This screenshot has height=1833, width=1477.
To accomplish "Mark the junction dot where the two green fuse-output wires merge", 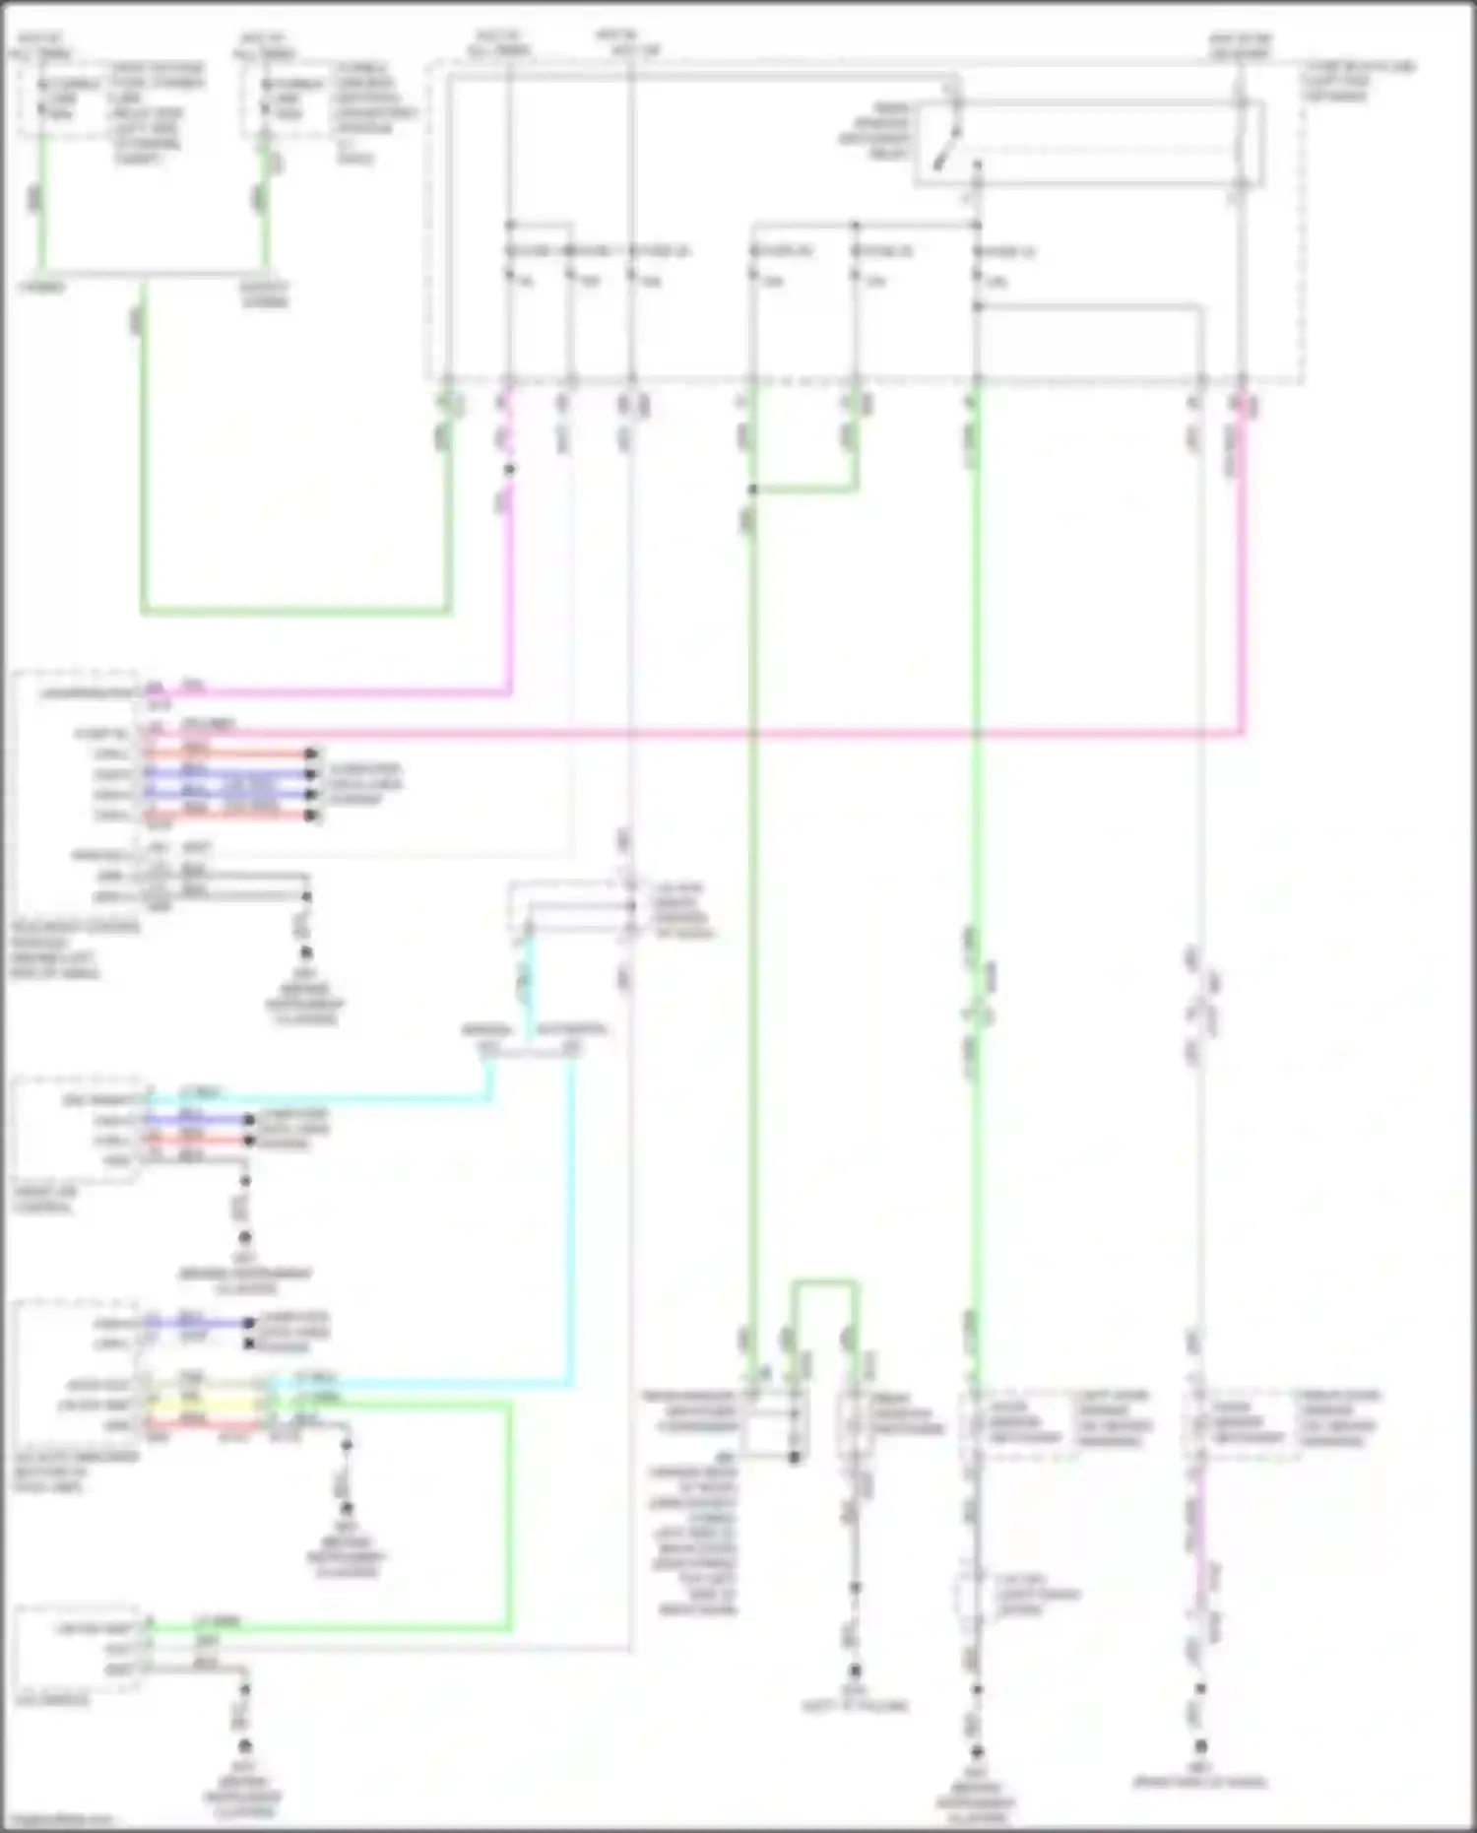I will coord(753,490).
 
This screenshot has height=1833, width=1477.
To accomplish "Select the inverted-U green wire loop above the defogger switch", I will coord(825,1283).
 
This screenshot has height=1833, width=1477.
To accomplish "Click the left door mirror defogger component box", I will coord(1018,1420).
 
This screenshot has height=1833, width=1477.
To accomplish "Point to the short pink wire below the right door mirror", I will coord(1199,1537).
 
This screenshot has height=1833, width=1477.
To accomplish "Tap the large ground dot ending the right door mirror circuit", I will coord(1201,1746).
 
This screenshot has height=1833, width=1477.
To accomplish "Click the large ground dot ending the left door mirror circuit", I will coord(977,1752).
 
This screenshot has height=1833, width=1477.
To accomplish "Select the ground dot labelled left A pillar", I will coord(856,1670).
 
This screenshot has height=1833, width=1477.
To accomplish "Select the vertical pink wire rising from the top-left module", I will coord(509,591).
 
